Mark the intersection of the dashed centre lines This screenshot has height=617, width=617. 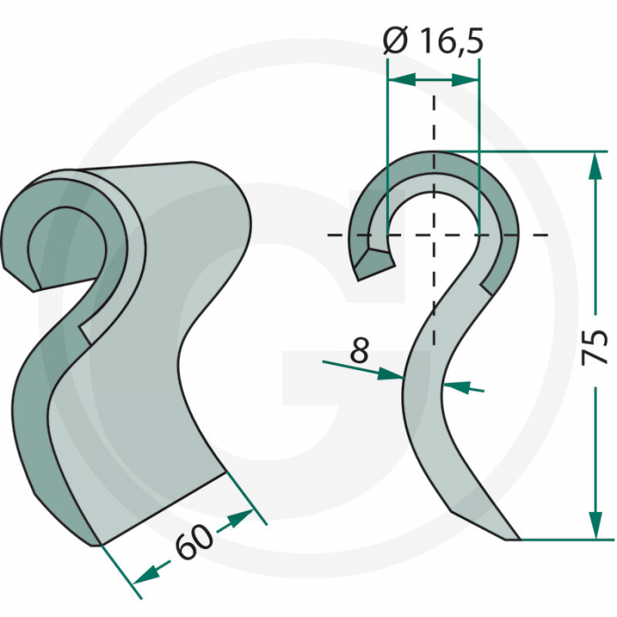tap(433, 234)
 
